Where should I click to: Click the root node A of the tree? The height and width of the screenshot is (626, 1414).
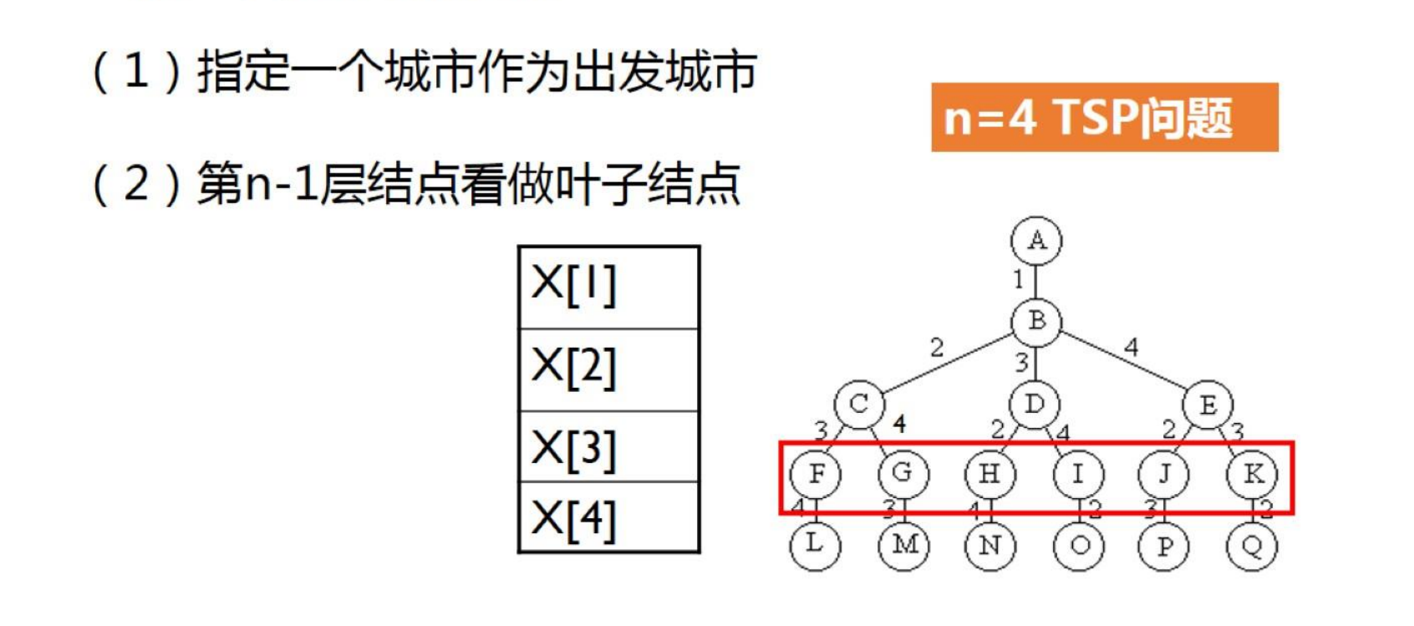click(x=1036, y=241)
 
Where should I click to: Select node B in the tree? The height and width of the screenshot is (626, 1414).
click(x=1036, y=321)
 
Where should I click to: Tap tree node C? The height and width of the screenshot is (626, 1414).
click(x=858, y=405)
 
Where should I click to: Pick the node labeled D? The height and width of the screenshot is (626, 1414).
click(x=1035, y=405)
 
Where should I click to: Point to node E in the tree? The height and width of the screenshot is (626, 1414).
click(x=1208, y=405)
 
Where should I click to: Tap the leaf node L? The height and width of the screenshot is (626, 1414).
click(x=815, y=545)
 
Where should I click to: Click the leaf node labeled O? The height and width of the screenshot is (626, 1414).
click(x=1079, y=547)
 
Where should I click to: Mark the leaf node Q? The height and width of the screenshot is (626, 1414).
click(x=1252, y=547)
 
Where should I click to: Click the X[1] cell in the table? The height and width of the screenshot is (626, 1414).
click(x=608, y=287)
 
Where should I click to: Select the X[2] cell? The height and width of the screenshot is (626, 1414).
click(x=608, y=369)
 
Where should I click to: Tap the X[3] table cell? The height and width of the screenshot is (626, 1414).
click(x=608, y=446)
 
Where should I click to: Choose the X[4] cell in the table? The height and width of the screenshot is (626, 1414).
click(x=608, y=517)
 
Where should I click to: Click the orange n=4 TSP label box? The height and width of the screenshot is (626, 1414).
click(x=1104, y=117)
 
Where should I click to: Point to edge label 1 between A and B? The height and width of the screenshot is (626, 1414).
click(x=1018, y=279)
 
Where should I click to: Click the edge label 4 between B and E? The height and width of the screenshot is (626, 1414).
click(x=1131, y=346)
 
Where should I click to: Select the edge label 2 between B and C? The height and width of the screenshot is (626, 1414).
click(x=937, y=346)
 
